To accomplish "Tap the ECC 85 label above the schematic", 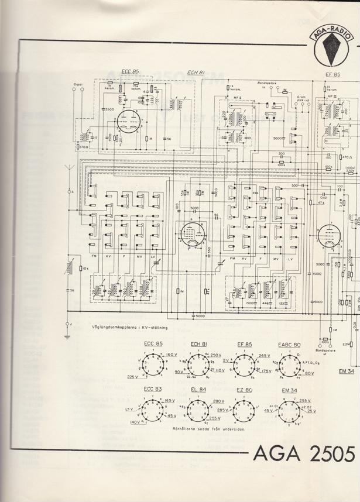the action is [129, 72].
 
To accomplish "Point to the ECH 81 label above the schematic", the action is [196, 73].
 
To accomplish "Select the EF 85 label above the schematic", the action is [333, 75].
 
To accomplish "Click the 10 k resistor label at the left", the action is [85, 268].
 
